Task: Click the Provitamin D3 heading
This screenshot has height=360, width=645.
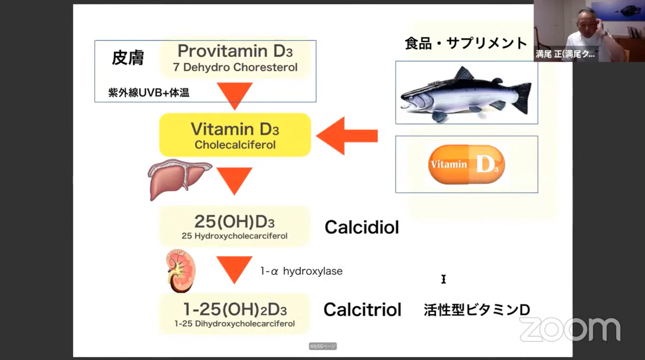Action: coord(235,51)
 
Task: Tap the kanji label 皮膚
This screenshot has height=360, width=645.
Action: coord(128,58)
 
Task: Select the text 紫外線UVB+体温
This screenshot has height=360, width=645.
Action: coord(149,93)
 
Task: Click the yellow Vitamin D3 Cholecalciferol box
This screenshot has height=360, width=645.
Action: coord(235,135)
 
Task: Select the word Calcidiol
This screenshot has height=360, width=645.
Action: coord(362,227)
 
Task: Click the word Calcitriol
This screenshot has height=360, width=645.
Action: coord(363,310)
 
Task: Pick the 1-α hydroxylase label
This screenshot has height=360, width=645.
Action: coord(301,271)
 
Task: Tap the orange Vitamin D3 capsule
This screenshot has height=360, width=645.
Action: coord(466,164)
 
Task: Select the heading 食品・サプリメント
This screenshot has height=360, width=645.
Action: coord(466,43)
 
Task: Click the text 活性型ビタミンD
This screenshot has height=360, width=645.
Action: coord(476,310)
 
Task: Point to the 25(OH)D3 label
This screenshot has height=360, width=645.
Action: coord(235,222)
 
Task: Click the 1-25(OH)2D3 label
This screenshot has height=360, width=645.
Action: coord(235,309)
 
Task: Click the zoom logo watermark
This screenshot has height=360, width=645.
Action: coord(570,330)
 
